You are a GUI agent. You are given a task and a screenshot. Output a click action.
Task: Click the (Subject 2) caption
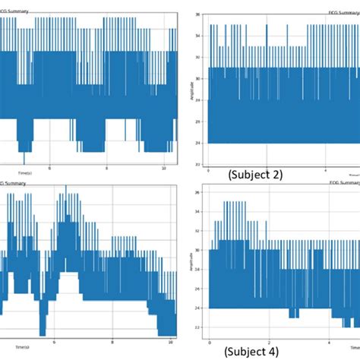coord(254,175)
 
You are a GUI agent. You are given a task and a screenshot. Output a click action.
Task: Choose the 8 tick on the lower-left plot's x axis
coord(112,343)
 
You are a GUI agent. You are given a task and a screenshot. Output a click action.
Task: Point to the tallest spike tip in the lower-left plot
coord(65,185)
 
